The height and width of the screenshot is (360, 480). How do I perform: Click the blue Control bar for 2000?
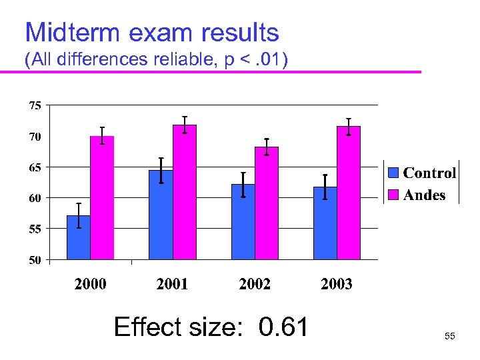(x=79, y=237)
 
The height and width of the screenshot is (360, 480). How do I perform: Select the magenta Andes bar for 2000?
(x=102, y=198)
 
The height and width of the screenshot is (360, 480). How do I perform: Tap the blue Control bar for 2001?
(x=161, y=215)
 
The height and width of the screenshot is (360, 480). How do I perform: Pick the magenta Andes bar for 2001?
(x=185, y=192)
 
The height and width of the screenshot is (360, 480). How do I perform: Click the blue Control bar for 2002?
(x=243, y=222)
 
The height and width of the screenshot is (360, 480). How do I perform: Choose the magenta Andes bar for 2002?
(x=267, y=203)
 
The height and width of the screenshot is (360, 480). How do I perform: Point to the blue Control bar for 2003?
(x=325, y=223)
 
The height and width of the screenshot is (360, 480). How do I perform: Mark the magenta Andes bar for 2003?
(x=349, y=193)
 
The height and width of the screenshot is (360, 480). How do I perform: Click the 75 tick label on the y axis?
(x=34, y=105)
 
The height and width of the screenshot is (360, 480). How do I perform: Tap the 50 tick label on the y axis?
(x=34, y=260)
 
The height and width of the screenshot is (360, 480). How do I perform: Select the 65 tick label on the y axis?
(x=34, y=167)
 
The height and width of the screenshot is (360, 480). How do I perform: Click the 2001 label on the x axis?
(x=172, y=285)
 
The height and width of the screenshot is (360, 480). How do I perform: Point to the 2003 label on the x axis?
(x=337, y=285)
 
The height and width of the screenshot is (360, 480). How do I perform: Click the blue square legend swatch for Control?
(x=394, y=173)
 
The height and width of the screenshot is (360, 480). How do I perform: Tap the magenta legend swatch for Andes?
(x=394, y=195)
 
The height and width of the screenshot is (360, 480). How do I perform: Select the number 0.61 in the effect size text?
(x=284, y=328)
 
